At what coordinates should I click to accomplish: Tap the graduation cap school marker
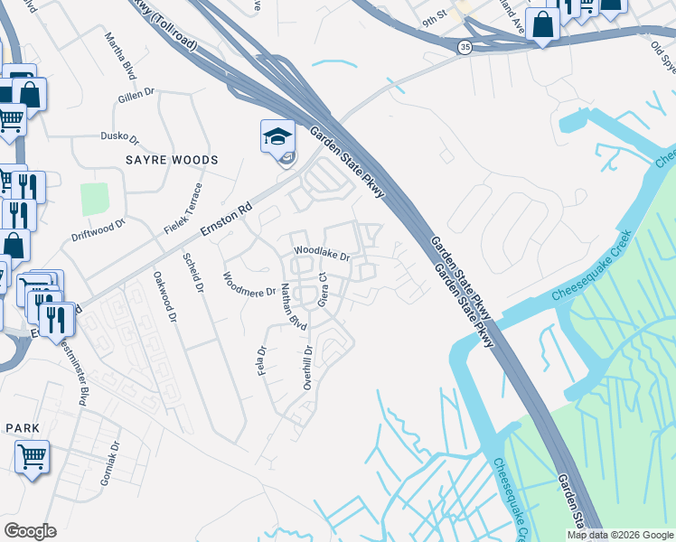pyautogui.click(x=277, y=137)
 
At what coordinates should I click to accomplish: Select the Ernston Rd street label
pyautogui.click(x=224, y=219)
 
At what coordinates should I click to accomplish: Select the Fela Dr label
pyautogui.click(x=262, y=362)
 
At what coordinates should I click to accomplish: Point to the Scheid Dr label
pyautogui.click(x=193, y=271)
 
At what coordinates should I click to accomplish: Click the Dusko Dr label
pyautogui.click(x=119, y=140)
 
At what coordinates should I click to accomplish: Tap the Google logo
pyautogui.click(x=30, y=531)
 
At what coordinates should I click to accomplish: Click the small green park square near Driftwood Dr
pyautogui.click(x=94, y=199)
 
